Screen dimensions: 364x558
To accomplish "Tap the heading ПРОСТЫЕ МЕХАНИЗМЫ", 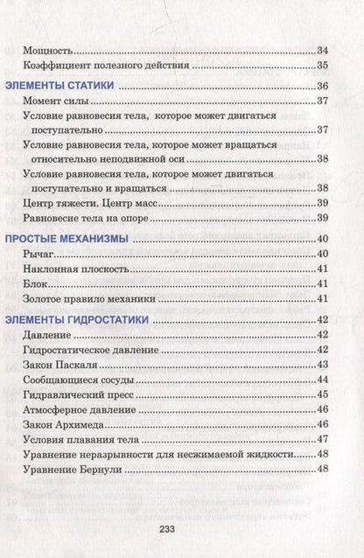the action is point(68,239).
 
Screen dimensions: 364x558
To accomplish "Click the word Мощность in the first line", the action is point(48,51).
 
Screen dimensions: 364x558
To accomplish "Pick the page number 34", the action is point(321,51).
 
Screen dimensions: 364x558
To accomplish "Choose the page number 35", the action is point(321,66).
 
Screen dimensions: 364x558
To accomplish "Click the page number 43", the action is point(321,364).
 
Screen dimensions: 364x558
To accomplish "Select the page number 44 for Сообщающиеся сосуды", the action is point(321,379).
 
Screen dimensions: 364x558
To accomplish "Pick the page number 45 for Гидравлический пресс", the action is point(321,394).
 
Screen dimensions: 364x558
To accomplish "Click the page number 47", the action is point(321,438).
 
